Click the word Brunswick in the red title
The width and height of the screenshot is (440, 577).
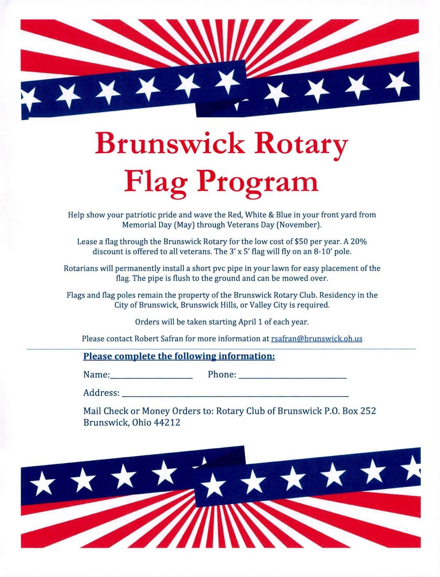170,143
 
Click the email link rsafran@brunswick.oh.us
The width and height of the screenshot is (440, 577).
317,339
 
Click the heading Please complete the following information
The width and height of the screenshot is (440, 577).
179,356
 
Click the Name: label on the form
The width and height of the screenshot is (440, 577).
97,374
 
